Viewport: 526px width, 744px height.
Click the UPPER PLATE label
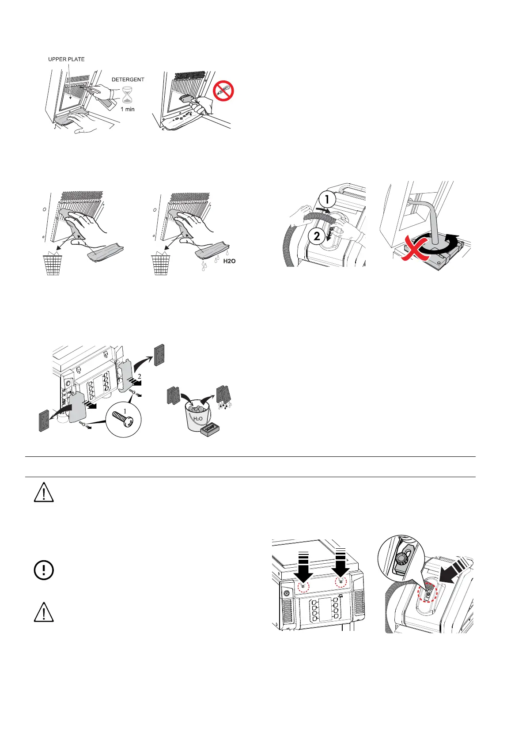pyautogui.click(x=66, y=59)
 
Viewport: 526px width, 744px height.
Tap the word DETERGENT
pyautogui.click(x=128, y=80)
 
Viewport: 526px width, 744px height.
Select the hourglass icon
pyautogui.click(x=128, y=95)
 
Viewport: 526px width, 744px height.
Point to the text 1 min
pyautogui.click(x=128, y=109)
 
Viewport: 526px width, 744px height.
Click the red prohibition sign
pyautogui.click(x=223, y=91)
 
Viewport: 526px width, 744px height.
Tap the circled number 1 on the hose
pyautogui.click(x=327, y=200)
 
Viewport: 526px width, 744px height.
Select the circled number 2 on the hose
pyautogui.click(x=317, y=236)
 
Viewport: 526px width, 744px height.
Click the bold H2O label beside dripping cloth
pyautogui.click(x=229, y=261)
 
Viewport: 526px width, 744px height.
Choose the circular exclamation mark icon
pyautogui.click(x=44, y=570)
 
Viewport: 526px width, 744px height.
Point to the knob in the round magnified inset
pyautogui.click(x=402, y=559)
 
